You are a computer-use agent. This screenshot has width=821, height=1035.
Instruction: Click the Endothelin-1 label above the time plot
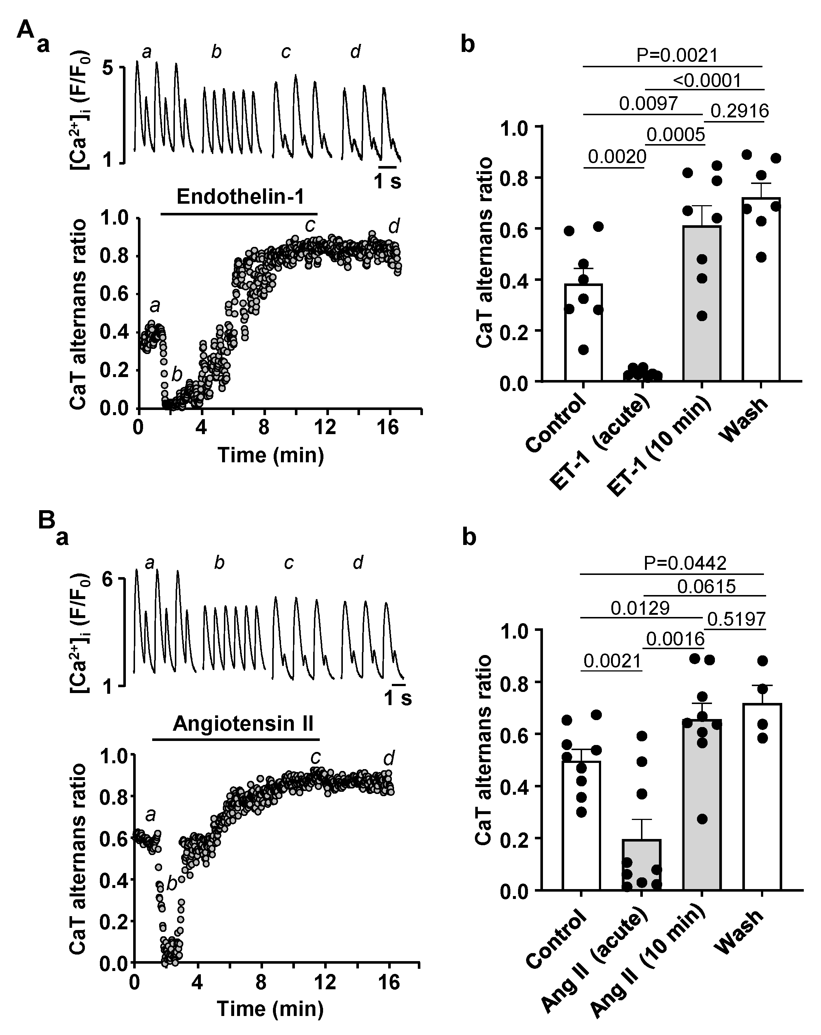click(240, 197)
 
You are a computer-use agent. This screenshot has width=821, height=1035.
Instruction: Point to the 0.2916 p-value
click(739, 111)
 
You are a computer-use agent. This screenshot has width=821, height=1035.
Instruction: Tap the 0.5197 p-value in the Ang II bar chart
click(736, 619)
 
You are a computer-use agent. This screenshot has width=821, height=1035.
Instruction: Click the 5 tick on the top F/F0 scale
click(108, 68)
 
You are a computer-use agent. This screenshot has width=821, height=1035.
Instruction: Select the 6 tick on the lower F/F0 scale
click(108, 580)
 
